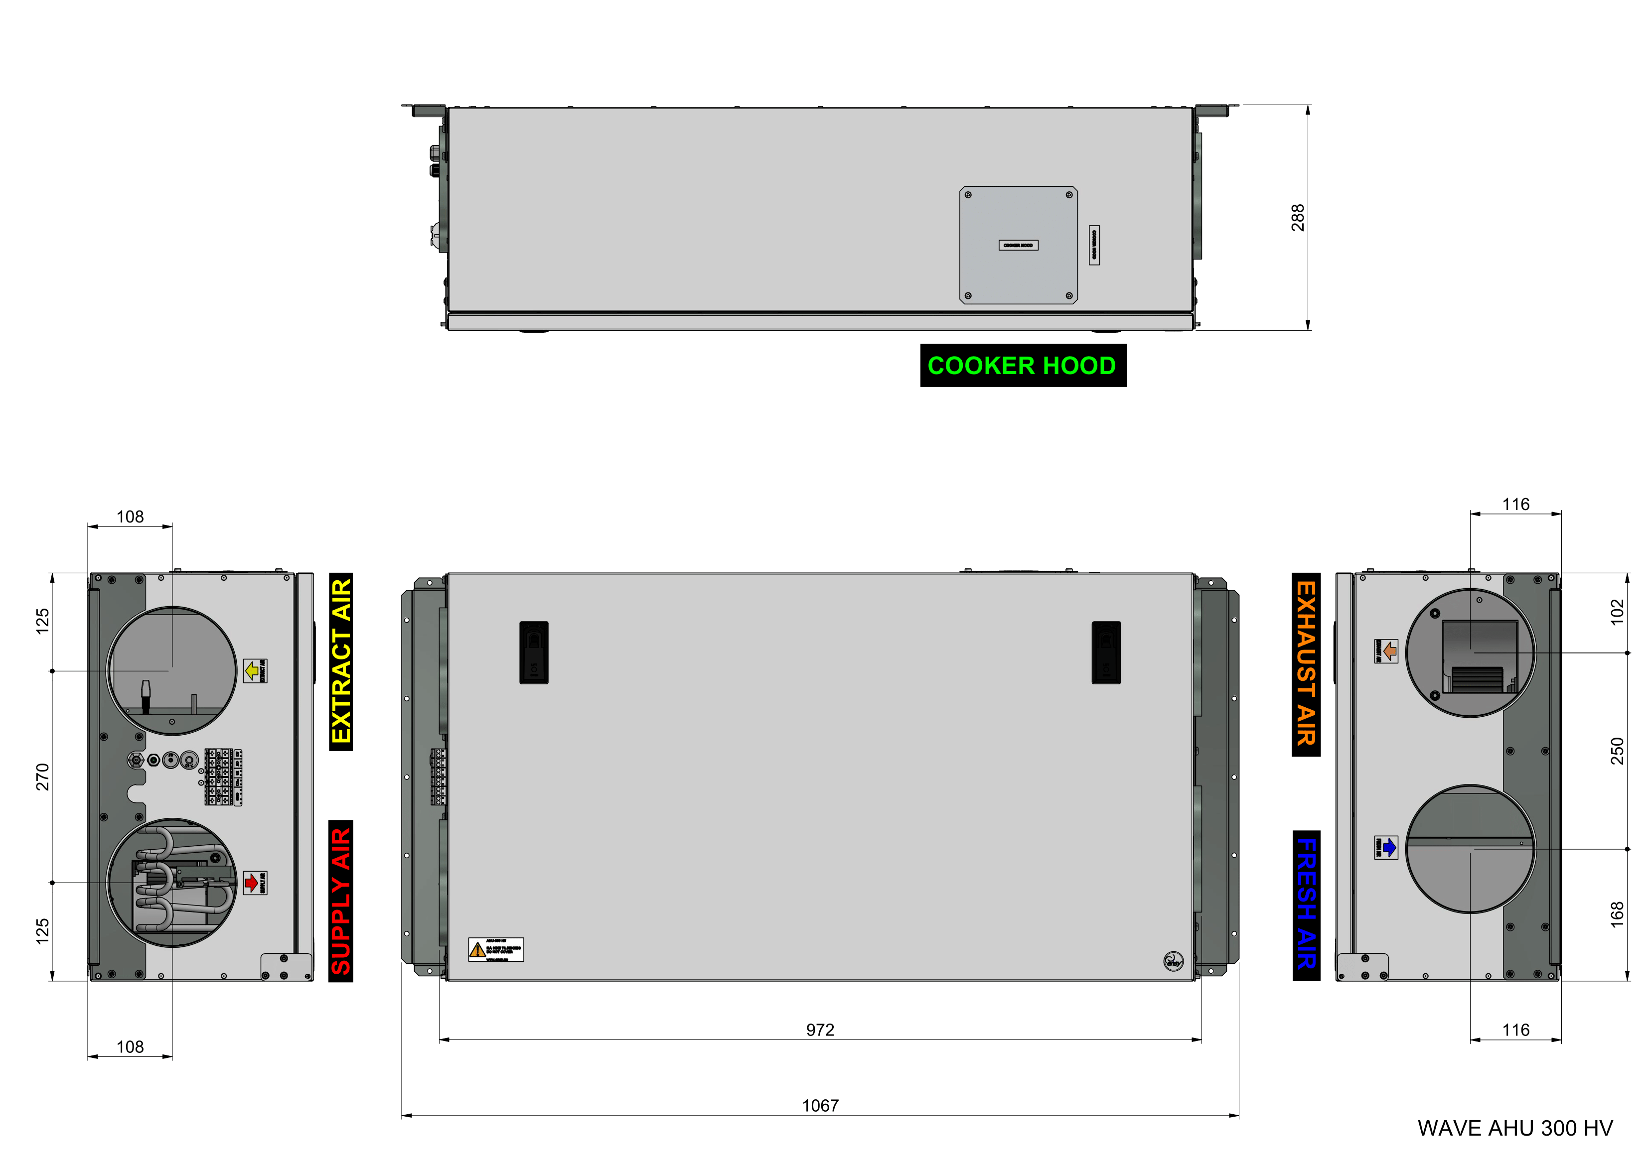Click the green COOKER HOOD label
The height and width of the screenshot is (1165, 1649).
1022,366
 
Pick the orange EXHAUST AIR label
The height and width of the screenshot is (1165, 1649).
1305,664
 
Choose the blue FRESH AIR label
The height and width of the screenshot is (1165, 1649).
1306,905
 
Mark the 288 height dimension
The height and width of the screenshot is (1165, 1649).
1297,218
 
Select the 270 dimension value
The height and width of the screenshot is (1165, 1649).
42,777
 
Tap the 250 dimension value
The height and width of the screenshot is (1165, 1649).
1617,751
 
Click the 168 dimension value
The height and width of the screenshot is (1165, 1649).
1617,914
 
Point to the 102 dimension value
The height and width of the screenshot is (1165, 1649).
1617,612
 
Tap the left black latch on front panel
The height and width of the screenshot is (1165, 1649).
534,652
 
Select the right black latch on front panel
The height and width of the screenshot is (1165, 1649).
1105,652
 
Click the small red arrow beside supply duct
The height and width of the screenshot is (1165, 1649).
251,882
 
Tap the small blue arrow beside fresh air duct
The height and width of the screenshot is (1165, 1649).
1389,847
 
